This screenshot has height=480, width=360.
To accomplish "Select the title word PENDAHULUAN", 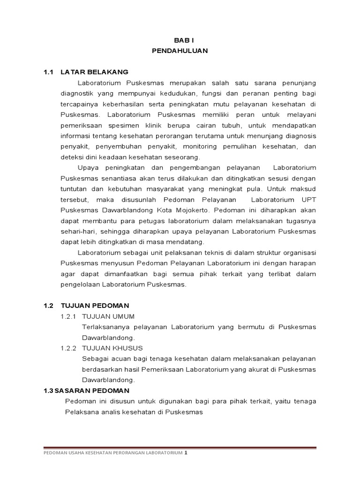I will pyautogui.click(x=180, y=51).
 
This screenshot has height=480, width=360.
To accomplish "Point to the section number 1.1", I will pyautogui.click(x=49, y=72).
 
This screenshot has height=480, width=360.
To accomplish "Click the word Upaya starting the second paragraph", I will pyautogui.click(x=87, y=168).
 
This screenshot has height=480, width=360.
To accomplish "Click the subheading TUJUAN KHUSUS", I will pyautogui.click(x=112, y=348).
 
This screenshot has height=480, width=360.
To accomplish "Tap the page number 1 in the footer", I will pyautogui.click(x=186, y=453).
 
